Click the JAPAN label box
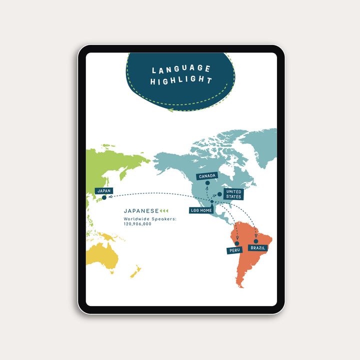coord(104,190)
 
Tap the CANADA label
coord(207,176)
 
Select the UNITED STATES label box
coord(233,194)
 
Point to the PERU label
coord(234,250)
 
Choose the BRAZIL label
coord(258,247)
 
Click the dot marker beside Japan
coord(104,198)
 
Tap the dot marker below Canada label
coord(207,183)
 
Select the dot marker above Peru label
coord(237,243)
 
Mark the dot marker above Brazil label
coord(256,241)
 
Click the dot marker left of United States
coord(219,194)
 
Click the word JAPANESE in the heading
coord(141,211)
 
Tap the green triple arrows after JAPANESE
coord(164,211)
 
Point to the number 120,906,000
coord(137,224)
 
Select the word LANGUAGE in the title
coord(181,69)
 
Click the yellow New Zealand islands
coord(135,273)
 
